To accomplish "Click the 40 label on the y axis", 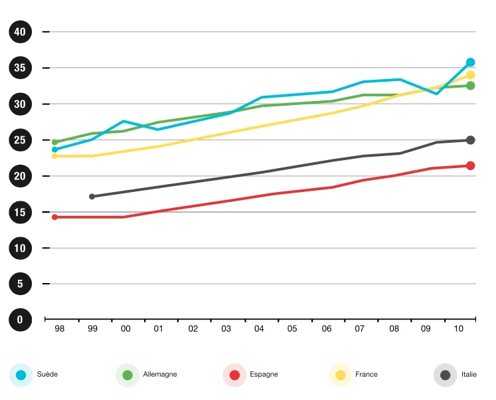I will tap(20, 32).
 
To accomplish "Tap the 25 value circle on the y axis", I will tap(20, 140).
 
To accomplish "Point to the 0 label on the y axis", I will tap(20, 320).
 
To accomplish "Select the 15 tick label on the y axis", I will tap(20, 212).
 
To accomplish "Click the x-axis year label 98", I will tap(59, 329).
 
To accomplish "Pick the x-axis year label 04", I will tap(259, 329).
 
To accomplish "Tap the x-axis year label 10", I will tap(458, 329).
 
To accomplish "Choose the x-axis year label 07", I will tap(359, 329).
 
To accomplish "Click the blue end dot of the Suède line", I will tap(470, 62).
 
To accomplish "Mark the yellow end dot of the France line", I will tap(470, 75).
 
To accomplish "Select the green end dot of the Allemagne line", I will tap(470, 86).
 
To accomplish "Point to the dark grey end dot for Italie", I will tap(470, 140).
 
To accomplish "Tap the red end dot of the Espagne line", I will tap(470, 165).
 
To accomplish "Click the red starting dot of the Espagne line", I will tap(54, 217).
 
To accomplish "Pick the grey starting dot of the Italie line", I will tap(92, 197).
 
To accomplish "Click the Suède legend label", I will tap(47, 375).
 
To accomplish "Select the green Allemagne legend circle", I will tap(127, 375).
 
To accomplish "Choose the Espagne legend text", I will tap(264, 375).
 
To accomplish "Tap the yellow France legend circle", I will tap(341, 375).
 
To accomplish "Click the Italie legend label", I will tap(469, 375).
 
